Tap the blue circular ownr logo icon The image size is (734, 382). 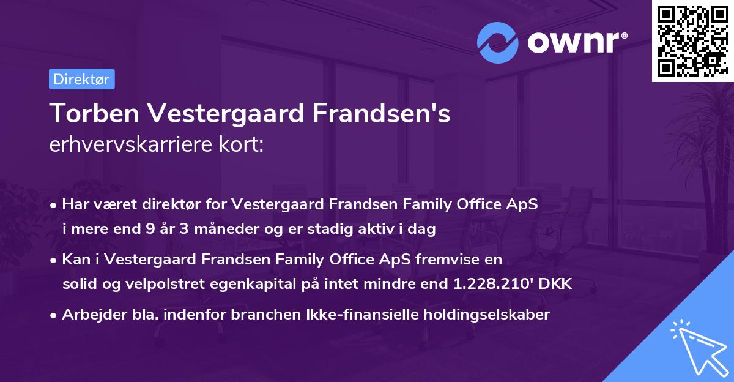tap(498, 42)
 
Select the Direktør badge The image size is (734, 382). tap(81, 79)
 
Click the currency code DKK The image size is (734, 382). tap(554, 284)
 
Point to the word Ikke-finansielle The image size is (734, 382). tap(358, 315)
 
